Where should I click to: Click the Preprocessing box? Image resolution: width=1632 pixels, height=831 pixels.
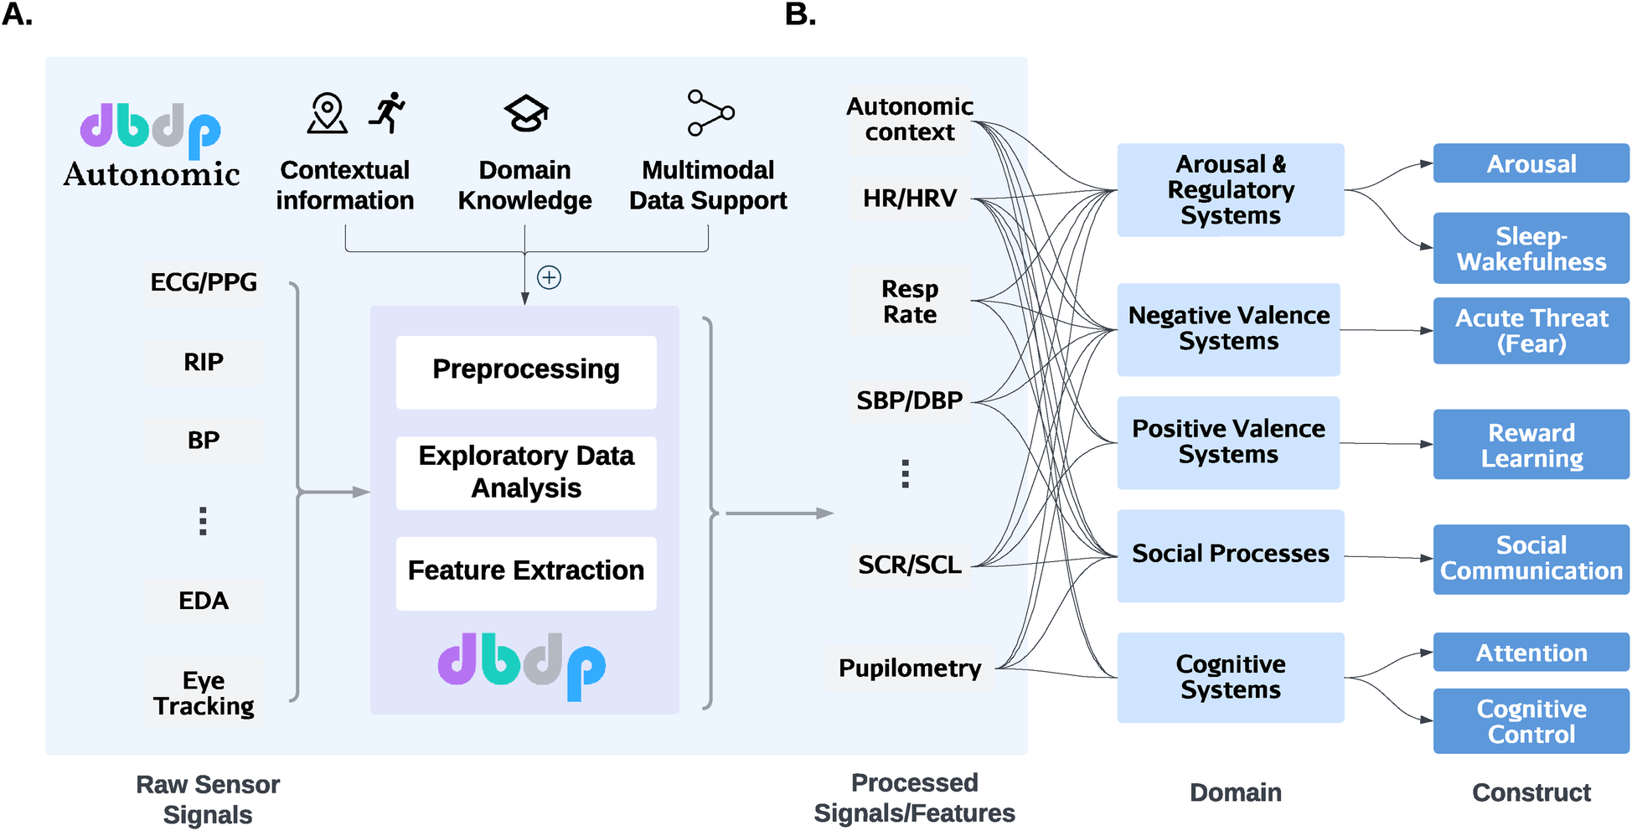pos(526,371)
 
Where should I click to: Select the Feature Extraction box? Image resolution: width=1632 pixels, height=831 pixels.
pos(526,572)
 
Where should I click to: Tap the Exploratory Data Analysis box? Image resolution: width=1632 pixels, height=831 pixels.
pos(526,472)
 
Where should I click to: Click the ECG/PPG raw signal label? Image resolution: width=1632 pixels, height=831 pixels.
pos(204,283)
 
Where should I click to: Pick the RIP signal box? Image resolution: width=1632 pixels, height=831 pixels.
pos(204,362)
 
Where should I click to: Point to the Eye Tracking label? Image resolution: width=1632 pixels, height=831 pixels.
pos(204,693)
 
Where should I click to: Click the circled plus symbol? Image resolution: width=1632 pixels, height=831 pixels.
pos(549,277)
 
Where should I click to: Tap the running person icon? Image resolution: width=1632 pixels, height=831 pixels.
pos(387,113)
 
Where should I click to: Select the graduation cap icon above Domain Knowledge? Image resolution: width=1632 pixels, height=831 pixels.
pos(525,114)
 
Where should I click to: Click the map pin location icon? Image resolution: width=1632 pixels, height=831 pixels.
pos(328,113)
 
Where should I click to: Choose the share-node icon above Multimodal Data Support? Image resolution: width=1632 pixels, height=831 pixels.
pos(710,113)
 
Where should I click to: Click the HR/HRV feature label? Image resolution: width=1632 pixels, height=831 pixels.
pos(910,199)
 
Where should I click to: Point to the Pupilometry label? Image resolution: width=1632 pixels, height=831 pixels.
pos(910,668)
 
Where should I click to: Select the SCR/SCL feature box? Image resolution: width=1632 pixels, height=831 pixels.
pos(910,565)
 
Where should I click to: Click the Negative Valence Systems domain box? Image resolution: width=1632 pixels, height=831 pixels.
pos(1228,329)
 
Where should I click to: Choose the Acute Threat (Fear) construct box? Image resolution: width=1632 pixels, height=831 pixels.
pos(1531,331)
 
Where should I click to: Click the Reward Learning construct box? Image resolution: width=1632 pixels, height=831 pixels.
pos(1531,445)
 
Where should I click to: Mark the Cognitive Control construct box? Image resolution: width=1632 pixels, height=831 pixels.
pos(1531,721)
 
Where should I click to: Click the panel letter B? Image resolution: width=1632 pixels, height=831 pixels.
pos(800,14)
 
